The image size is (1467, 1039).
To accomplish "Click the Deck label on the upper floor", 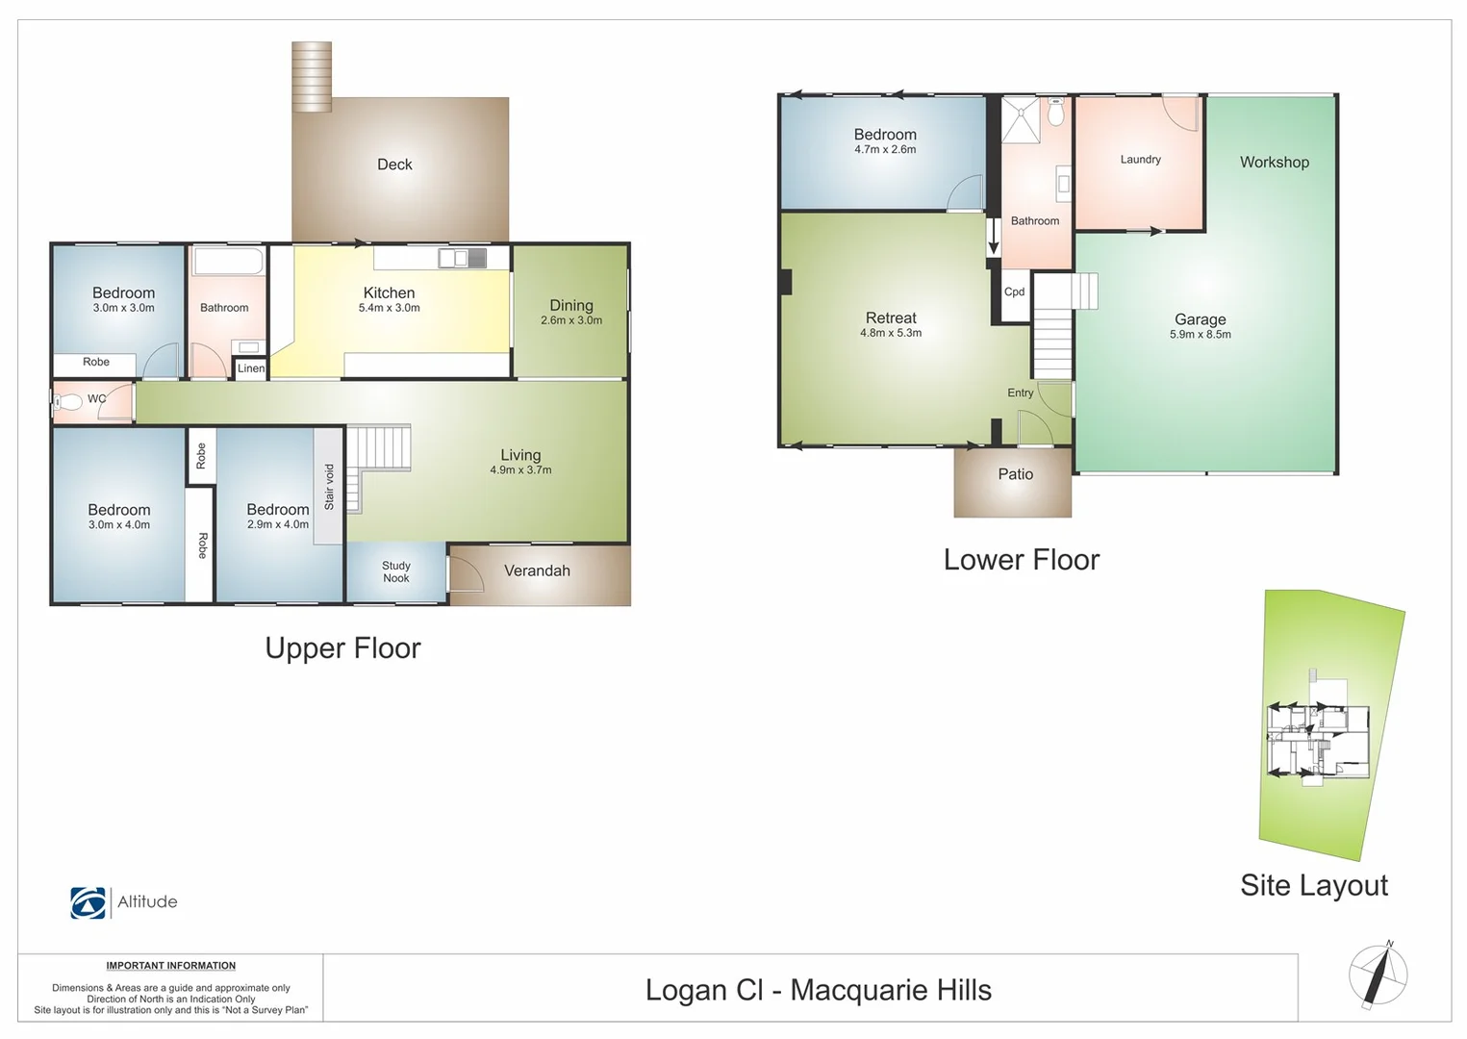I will pyautogui.click(x=394, y=165).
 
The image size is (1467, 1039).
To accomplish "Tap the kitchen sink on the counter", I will pyautogui.click(x=462, y=258).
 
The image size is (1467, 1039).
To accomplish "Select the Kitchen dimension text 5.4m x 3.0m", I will pyautogui.click(x=389, y=308).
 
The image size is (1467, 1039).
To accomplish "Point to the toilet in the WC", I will pyautogui.click(x=69, y=402).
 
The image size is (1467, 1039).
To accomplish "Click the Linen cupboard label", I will pyautogui.click(x=251, y=368).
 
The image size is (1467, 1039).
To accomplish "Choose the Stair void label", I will pyautogui.click(x=329, y=487).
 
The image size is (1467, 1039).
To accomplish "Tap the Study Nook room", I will pyautogui.click(x=395, y=572).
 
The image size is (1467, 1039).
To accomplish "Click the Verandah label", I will pyautogui.click(x=537, y=570).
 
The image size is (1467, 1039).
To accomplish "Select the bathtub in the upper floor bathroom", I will pyautogui.click(x=229, y=261).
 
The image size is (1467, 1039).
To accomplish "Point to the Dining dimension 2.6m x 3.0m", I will pyautogui.click(x=571, y=320).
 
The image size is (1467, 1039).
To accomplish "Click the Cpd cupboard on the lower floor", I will pyautogui.click(x=1014, y=292).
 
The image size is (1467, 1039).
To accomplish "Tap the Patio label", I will pyautogui.click(x=1015, y=474).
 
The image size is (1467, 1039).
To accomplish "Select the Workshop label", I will pyautogui.click(x=1274, y=163).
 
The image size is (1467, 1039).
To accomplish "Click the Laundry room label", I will pyautogui.click(x=1140, y=160).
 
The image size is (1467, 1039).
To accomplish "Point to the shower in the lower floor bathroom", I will pyautogui.click(x=1021, y=119).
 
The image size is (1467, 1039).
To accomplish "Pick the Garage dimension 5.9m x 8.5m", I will pyautogui.click(x=1200, y=335).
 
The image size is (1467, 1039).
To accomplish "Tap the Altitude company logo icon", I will pyautogui.click(x=89, y=902).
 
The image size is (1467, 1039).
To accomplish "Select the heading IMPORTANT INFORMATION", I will pyautogui.click(x=170, y=966).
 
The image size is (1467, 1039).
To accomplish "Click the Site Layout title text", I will pyautogui.click(x=1313, y=885).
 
